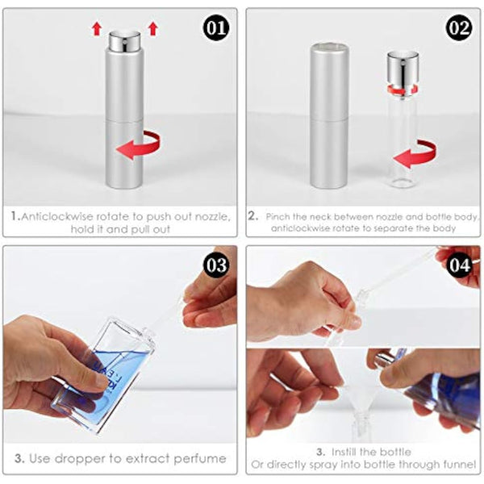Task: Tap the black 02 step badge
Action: [460, 29]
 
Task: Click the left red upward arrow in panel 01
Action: [97, 28]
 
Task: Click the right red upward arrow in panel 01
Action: [153, 28]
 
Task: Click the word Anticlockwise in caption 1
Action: [57, 216]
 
